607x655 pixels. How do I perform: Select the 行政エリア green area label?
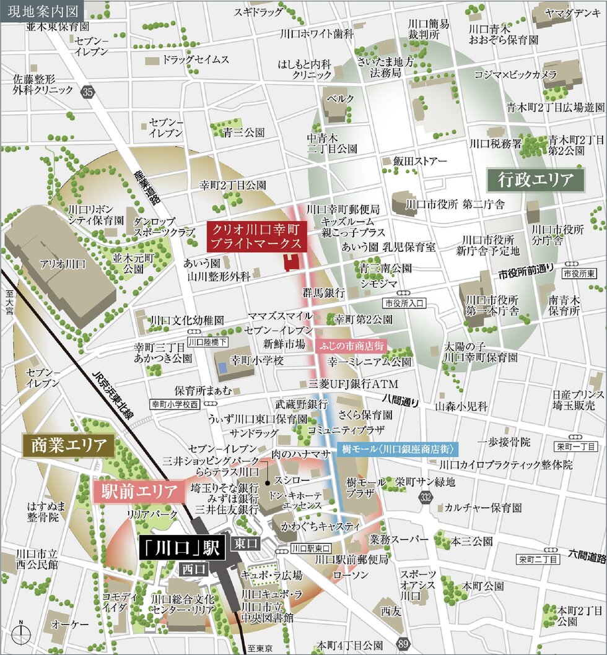click(x=535, y=180)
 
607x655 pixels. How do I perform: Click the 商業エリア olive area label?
click(x=68, y=445)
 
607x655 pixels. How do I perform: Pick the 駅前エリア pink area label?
click(x=139, y=492)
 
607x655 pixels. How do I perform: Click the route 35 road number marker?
click(x=89, y=92)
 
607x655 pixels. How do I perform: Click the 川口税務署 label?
click(x=496, y=144)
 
